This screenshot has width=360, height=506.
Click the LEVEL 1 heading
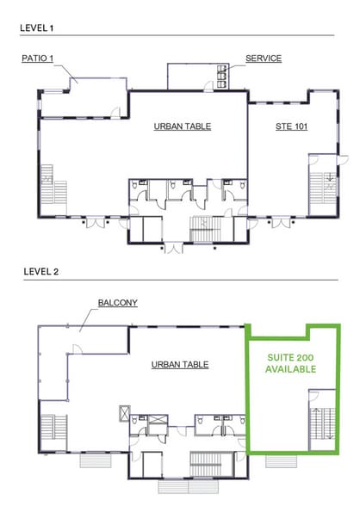tap(36, 28)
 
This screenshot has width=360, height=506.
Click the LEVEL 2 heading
tap(41, 272)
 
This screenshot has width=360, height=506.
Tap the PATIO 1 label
tap(37, 59)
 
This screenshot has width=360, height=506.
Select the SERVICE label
tap(264, 59)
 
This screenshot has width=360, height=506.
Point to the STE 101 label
tap(292, 126)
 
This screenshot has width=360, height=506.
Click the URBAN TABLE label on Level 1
tap(183, 126)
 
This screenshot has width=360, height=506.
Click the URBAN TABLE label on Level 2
tap(180, 365)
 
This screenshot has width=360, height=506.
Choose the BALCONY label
tap(118, 303)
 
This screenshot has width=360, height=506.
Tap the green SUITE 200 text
tap(290, 358)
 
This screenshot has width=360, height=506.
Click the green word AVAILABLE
tap(290, 369)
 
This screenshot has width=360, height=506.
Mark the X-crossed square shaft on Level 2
tap(125, 413)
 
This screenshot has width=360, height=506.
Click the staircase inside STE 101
tap(323, 188)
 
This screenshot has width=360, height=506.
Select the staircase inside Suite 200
tap(323, 423)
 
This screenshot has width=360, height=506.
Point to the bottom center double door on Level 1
tap(174, 249)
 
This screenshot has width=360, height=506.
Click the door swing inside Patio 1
tap(115, 111)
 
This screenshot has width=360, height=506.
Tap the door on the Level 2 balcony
tap(78, 349)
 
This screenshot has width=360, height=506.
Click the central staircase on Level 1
tap(206, 230)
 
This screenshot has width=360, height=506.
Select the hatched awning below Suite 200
tap(282, 461)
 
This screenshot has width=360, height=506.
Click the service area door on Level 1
tap(209, 85)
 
